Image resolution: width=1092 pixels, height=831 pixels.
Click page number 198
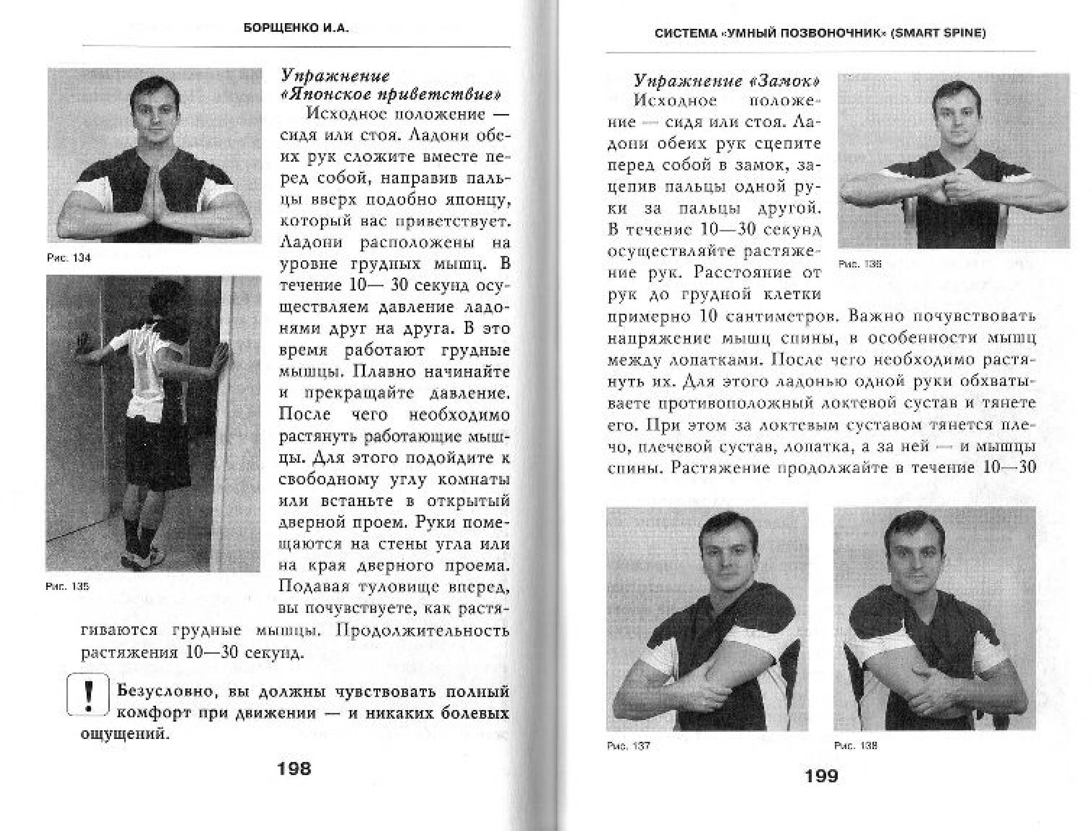click(x=294, y=768)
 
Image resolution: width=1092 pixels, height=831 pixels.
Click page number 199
click(x=822, y=776)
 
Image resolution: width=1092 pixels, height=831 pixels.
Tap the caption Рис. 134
click(x=69, y=258)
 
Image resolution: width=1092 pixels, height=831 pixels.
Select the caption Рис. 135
click(x=67, y=586)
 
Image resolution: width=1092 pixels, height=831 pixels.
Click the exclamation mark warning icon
click(x=88, y=695)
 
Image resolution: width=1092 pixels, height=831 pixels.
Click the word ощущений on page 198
click(x=125, y=734)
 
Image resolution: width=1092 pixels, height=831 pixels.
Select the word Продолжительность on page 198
click(x=422, y=631)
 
